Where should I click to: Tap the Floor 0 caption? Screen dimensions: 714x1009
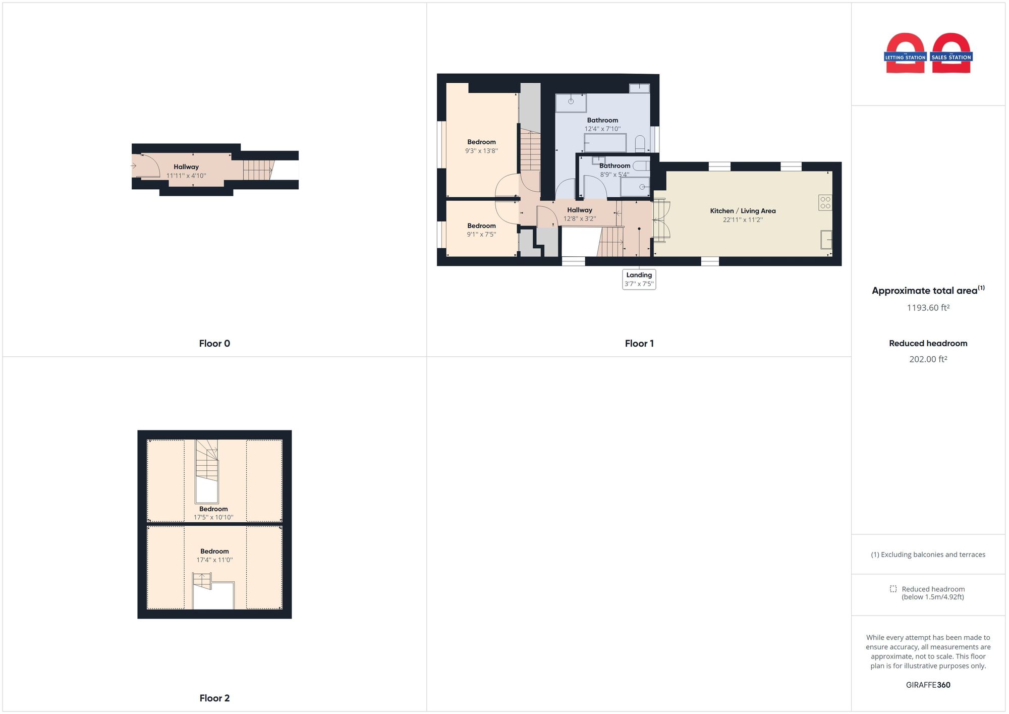(x=214, y=344)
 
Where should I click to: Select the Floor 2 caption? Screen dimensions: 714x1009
(x=214, y=698)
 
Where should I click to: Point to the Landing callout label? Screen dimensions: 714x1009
(x=639, y=279)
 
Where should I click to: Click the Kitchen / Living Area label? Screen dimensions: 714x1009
(x=743, y=211)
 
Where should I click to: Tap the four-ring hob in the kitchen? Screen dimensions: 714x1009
(x=825, y=203)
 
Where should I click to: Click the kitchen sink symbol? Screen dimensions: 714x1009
(x=826, y=240)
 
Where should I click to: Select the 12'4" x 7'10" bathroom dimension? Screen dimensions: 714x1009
(x=602, y=129)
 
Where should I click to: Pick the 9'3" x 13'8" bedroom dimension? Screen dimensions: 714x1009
(x=481, y=151)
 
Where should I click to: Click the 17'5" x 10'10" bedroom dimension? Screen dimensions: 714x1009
(x=213, y=517)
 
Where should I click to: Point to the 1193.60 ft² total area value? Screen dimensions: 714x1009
(x=928, y=308)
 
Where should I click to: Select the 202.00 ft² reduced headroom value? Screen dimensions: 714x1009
(x=928, y=359)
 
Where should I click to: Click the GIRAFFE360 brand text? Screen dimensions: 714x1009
(x=928, y=685)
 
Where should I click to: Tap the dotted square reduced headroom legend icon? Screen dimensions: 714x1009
(x=893, y=589)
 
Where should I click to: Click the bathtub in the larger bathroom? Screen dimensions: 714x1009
(x=605, y=143)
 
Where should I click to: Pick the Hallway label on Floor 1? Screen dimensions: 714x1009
(x=580, y=210)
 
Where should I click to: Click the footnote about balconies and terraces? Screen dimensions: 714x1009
(x=928, y=555)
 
